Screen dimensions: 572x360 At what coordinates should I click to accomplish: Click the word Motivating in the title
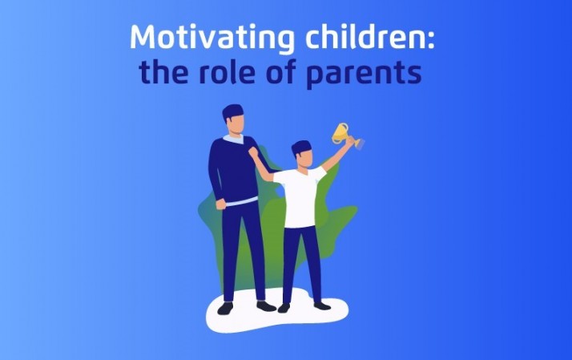212,38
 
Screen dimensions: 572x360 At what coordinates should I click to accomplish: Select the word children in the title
364,37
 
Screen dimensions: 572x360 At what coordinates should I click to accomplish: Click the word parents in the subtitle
364,74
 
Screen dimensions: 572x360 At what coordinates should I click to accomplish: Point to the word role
228,71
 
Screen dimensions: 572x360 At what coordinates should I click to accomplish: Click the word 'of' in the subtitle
281,71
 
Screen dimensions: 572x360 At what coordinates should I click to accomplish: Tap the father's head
234,119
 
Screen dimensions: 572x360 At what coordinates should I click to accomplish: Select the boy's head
302,153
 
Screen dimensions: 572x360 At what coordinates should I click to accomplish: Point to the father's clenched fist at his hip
220,204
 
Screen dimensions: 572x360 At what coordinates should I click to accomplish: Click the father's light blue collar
233,139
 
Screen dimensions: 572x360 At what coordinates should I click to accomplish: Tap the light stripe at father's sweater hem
241,201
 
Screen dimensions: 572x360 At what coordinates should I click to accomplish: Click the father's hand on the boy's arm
253,153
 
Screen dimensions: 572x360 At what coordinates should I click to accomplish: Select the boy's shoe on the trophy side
322,305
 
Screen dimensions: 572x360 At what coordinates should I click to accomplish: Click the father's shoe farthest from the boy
225,308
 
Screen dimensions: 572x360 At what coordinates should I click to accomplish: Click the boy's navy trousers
301,264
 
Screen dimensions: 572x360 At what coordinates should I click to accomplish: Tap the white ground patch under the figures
277,314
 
